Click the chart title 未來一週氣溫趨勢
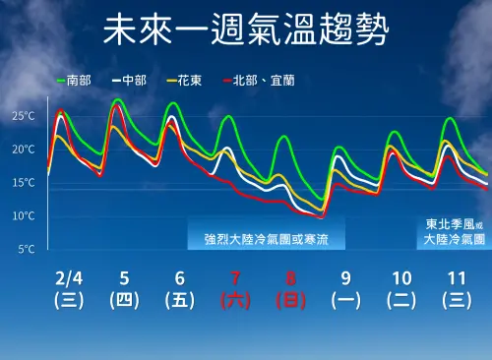[x=245, y=30]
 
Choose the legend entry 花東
[x=186, y=79]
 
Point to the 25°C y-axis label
[x=24, y=116]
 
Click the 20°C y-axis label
[x=24, y=150]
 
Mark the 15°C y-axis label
[x=24, y=183]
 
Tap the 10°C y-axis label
[x=24, y=216]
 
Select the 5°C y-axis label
[x=27, y=250]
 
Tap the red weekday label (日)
[x=290, y=300]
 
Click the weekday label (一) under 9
[x=345, y=300]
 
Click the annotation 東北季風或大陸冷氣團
[x=455, y=231]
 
